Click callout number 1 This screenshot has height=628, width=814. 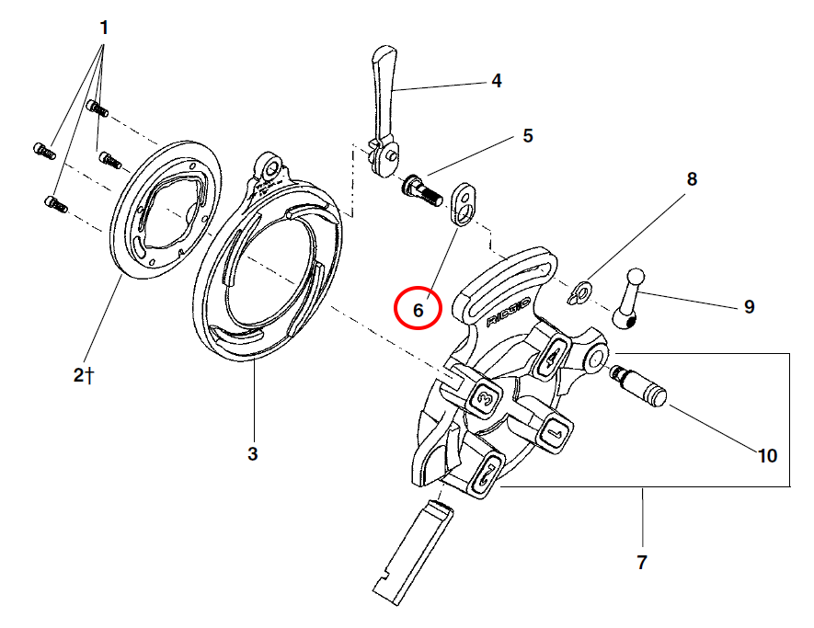(104, 29)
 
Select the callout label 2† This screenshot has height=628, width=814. (86, 374)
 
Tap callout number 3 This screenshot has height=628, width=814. (253, 453)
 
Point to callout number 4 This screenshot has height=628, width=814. (497, 81)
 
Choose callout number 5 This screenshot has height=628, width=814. (528, 136)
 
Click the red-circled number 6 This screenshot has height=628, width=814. (418, 310)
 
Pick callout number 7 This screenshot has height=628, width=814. (642, 562)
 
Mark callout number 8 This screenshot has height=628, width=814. (693, 178)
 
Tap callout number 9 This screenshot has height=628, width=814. (750, 306)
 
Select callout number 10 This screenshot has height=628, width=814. (766, 455)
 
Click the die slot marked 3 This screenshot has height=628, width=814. (485, 398)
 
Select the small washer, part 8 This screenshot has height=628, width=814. (580, 292)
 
